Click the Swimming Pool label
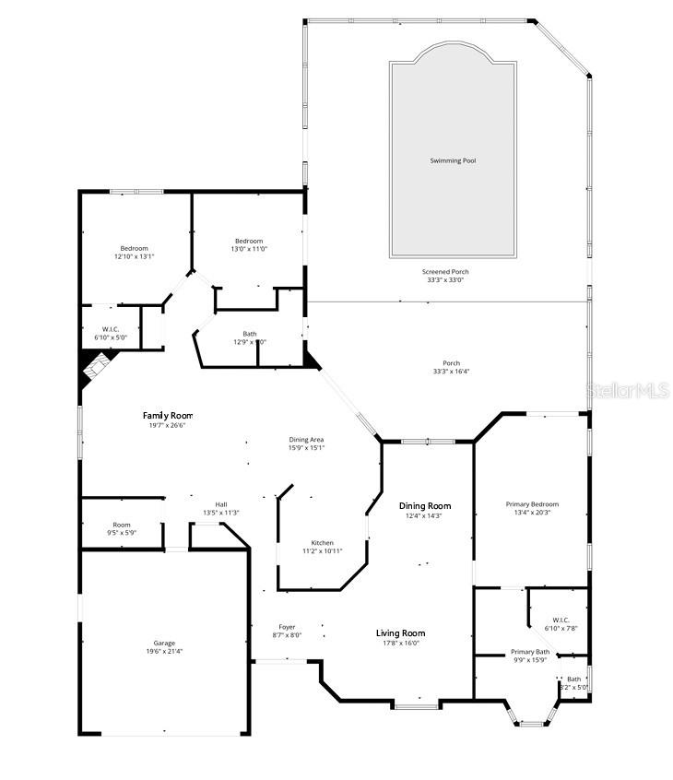(x=453, y=160)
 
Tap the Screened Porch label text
(x=445, y=271)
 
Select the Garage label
(x=164, y=643)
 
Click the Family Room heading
(x=168, y=416)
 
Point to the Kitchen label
(x=322, y=542)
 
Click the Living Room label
(x=400, y=632)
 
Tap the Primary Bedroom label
(x=532, y=504)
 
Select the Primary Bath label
(x=530, y=652)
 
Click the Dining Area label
(x=307, y=440)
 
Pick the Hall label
(x=221, y=504)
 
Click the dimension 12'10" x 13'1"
(x=134, y=256)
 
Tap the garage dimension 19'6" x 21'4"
(x=164, y=652)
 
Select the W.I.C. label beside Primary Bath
(x=561, y=620)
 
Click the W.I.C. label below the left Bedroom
(x=110, y=329)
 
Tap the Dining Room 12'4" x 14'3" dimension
(x=425, y=515)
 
